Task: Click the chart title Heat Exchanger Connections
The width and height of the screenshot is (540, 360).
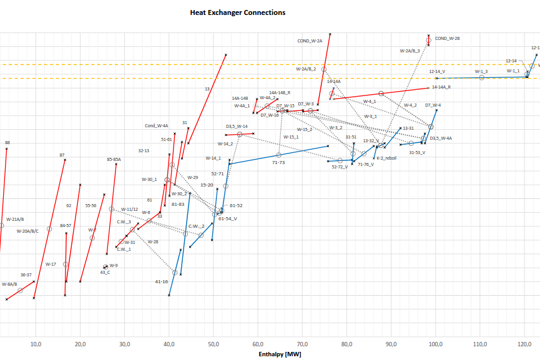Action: [238, 12]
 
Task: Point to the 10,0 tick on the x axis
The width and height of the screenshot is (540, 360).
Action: [36, 344]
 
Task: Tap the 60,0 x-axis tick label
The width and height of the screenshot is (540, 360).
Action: [258, 344]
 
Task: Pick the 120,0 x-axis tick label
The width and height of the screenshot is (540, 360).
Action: [524, 344]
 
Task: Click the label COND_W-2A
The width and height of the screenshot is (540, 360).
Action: [310, 41]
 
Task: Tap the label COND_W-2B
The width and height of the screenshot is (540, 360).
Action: [447, 38]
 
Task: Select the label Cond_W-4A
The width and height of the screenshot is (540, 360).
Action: [157, 125]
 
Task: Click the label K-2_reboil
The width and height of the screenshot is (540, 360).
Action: [386, 158]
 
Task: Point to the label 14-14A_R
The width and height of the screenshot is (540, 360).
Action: [441, 87]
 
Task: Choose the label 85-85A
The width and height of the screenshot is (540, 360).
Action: [114, 159]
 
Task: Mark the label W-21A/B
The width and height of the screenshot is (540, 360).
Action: [15, 219]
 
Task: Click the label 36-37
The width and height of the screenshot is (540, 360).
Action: [26, 275]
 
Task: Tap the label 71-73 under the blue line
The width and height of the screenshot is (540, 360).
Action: [278, 162]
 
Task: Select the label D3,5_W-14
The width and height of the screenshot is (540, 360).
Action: [237, 126]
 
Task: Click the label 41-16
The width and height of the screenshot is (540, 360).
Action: [161, 281]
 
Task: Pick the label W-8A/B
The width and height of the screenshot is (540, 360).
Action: [9, 284]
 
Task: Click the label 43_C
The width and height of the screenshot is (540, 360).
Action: [105, 272]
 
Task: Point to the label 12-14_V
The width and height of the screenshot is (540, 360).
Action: [437, 72]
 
